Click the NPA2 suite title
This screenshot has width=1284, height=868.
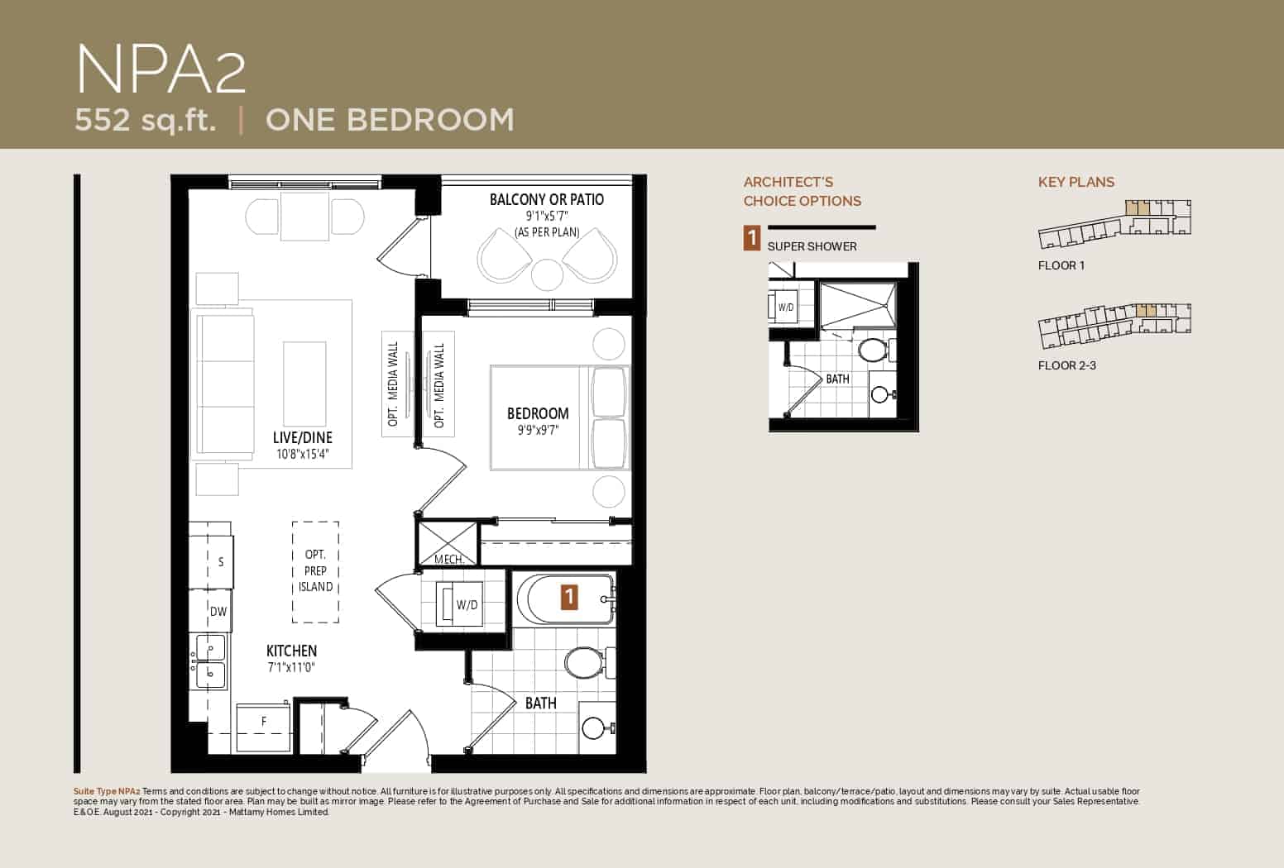pyautogui.click(x=161, y=70)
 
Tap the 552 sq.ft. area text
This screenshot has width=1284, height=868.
pyautogui.click(x=146, y=121)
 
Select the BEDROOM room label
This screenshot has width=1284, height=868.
pyautogui.click(x=538, y=413)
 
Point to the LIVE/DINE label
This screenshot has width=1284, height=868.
pyautogui.click(x=303, y=438)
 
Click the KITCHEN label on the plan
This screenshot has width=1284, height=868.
pyautogui.click(x=292, y=651)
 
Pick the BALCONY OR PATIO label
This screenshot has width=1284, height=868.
pyautogui.click(x=547, y=199)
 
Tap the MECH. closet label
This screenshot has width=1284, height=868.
pyautogui.click(x=449, y=559)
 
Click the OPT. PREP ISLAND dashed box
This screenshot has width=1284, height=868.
pyautogui.click(x=315, y=572)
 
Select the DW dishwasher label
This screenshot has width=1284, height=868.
pyautogui.click(x=218, y=612)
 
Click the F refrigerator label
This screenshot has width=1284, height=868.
pyautogui.click(x=264, y=722)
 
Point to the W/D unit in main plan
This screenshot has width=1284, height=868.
pyautogui.click(x=459, y=604)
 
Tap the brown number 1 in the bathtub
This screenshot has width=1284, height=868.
pyautogui.click(x=568, y=597)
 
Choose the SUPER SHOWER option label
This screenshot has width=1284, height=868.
pyautogui.click(x=812, y=246)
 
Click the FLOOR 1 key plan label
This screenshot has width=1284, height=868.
pyautogui.click(x=1061, y=266)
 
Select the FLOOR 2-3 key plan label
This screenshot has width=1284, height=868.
pyautogui.click(x=1066, y=365)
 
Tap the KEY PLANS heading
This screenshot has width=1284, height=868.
pyautogui.click(x=1076, y=182)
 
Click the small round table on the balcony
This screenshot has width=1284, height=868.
pyautogui.click(x=547, y=274)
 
